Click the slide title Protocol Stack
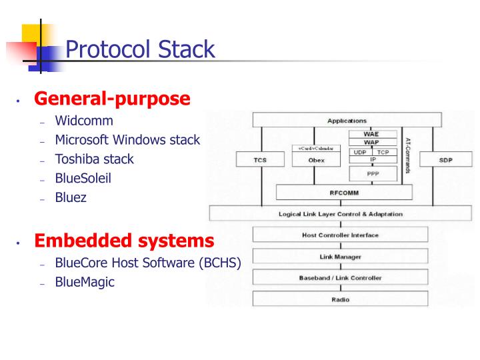pyautogui.click(x=140, y=49)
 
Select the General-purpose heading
pyautogui.click(x=112, y=99)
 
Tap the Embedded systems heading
pyautogui.click(x=124, y=240)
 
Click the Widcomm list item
pyautogui.click(x=84, y=121)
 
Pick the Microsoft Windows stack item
pyautogui.click(x=127, y=140)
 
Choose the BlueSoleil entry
pyautogui.click(x=84, y=179)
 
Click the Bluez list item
pyautogui.click(x=71, y=198)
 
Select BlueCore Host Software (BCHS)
pyautogui.click(x=148, y=262)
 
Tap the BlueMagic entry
pyautogui.click(x=85, y=282)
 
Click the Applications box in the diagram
pyautogui.click(x=346, y=121)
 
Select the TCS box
pyautogui.click(x=260, y=160)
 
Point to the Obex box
pyautogui.click(x=316, y=160)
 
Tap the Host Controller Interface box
pyautogui.click(x=340, y=235)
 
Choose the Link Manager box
pyautogui.click(x=340, y=256)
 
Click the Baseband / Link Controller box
pyautogui.click(x=340, y=277)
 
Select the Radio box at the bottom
pyautogui.click(x=340, y=299)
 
